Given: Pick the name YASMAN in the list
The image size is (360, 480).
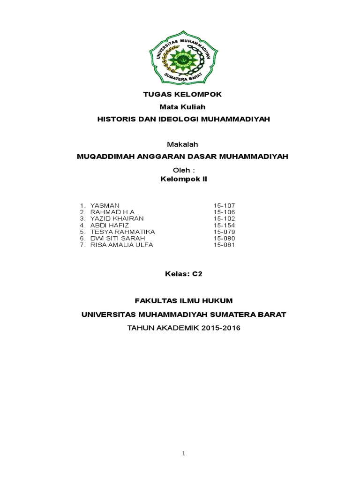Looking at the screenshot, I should point(105,206).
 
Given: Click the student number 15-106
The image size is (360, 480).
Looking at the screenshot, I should point(224,212).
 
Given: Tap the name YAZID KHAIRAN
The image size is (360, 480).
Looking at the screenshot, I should point(117,219).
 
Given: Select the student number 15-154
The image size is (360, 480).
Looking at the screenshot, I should point(224,225).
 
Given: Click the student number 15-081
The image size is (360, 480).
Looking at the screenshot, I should point(224,245).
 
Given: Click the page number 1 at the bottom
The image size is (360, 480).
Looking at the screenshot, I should point(184,454).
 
